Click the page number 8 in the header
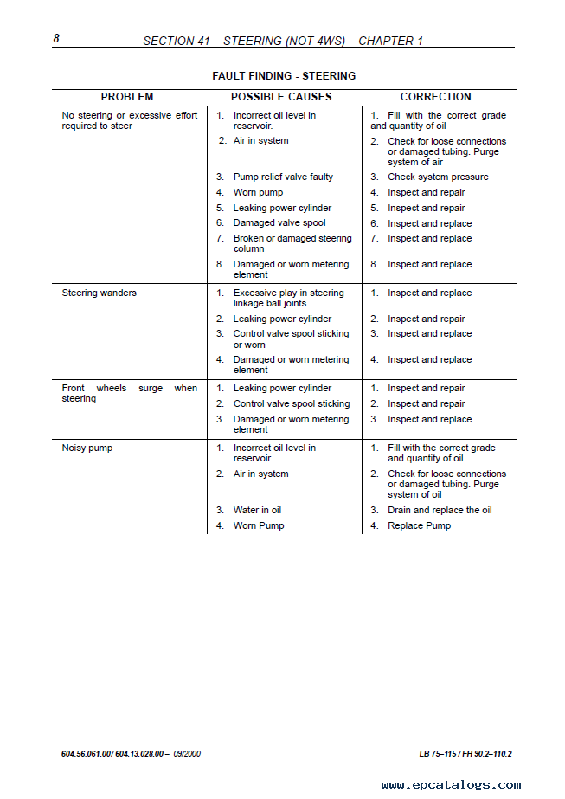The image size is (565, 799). coord(56,38)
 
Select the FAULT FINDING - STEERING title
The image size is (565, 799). coord(284,76)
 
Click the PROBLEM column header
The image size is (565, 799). coord(127,97)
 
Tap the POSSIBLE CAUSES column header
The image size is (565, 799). coord(281,97)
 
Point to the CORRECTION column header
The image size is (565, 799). coord(435,97)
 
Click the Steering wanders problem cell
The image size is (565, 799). coord(99,293)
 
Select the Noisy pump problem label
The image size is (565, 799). coord(87,448)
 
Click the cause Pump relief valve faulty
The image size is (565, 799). coord(283,177)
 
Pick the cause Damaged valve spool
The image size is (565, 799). coord(279,223)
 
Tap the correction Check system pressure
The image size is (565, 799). coord(438,177)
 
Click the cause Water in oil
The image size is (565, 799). coord(257,511)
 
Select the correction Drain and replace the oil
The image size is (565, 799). coord(440,511)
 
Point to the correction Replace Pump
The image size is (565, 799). coord(419,526)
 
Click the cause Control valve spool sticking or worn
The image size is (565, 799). coord(291,339)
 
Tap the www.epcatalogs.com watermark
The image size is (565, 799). coord(451,785)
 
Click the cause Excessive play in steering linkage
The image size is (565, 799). coord(288,299)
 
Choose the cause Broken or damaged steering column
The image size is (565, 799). coord(292,244)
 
